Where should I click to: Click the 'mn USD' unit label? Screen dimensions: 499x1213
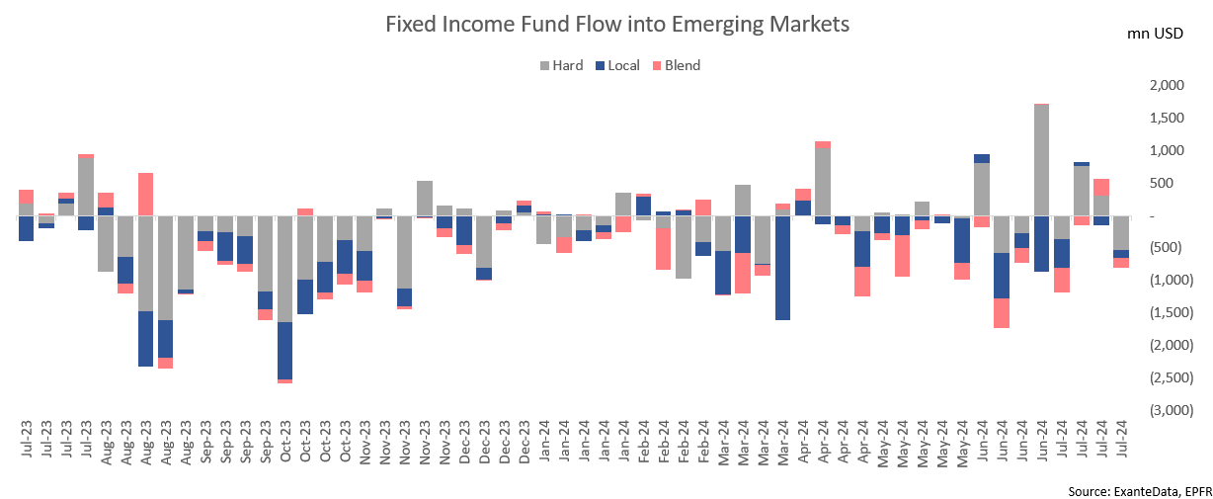[1155, 35]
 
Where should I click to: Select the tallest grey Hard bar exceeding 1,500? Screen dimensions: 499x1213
[1041, 159]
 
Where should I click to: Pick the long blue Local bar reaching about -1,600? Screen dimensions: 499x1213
[782, 267]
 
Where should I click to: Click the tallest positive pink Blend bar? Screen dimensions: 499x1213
[145, 194]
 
